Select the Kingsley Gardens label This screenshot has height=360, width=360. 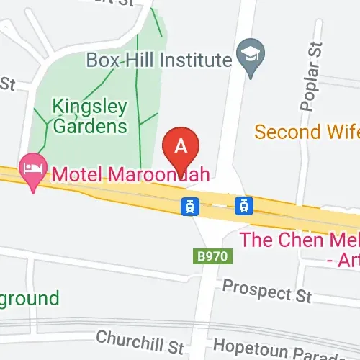tap(90, 117)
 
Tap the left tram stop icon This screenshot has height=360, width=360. tap(189, 207)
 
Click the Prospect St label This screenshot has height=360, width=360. tap(266, 290)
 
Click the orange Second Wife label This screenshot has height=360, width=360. tap(307, 132)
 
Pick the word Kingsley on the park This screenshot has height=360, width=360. tap(90, 107)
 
